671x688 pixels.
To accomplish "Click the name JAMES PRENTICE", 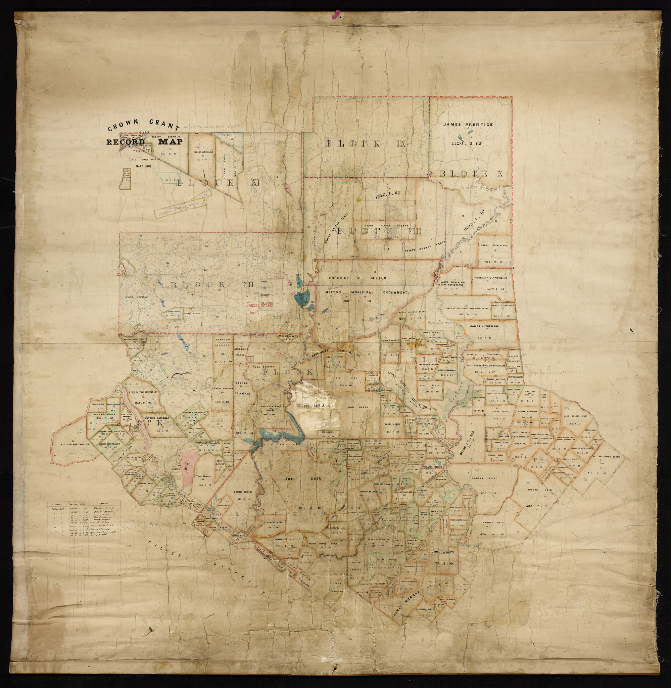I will (x=468, y=125).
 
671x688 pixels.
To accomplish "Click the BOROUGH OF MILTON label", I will (x=357, y=278).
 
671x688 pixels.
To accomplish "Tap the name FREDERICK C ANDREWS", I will (x=490, y=278).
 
